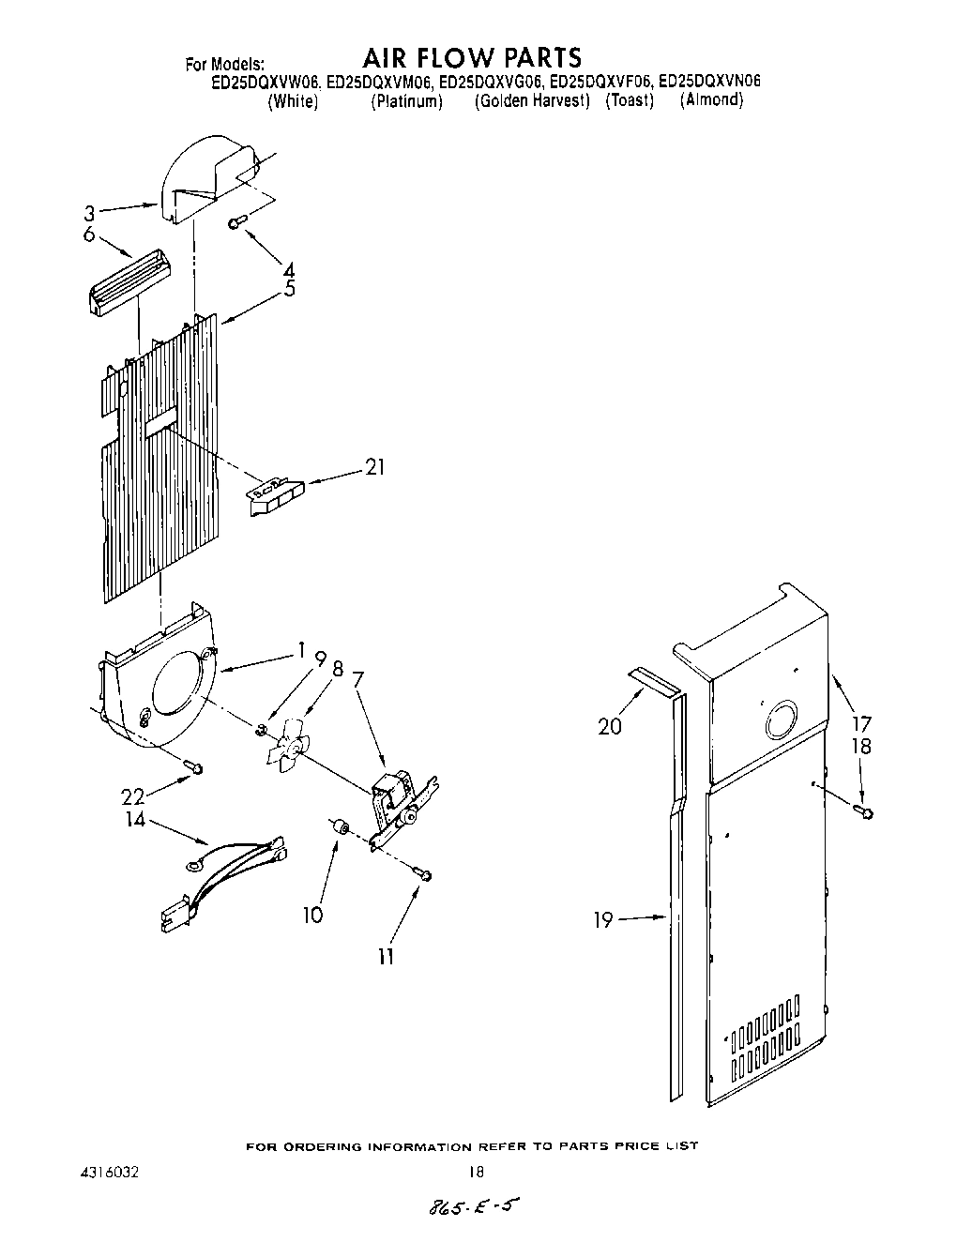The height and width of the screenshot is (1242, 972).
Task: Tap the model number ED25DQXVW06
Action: pyautogui.click(x=266, y=82)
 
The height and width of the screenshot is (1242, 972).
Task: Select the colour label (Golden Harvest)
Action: pyautogui.click(x=532, y=100)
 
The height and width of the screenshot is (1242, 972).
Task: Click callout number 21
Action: pyautogui.click(x=374, y=467)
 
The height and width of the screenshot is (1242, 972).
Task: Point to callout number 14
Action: pyautogui.click(x=135, y=820)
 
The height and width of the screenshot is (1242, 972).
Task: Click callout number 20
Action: pyautogui.click(x=610, y=725)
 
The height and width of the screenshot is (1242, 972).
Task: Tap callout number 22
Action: pyautogui.click(x=133, y=795)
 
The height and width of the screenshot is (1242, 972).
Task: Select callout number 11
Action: pyautogui.click(x=386, y=956)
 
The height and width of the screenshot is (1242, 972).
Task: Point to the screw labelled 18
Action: pyautogui.click(x=863, y=809)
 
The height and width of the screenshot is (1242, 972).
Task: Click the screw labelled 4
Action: pyautogui.click(x=236, y=221)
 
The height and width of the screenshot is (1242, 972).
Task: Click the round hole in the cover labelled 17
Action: pyautogui.click(x=781, y=720)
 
